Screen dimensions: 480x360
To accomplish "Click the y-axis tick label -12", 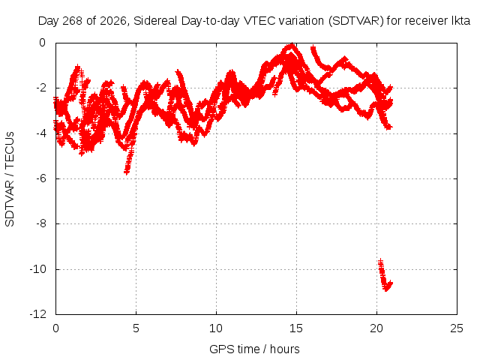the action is (38, 314).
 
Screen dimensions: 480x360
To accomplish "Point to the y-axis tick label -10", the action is (38, 269).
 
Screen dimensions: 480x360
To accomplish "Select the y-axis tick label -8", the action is (41, 223).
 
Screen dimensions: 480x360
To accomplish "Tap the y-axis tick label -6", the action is (41, 178).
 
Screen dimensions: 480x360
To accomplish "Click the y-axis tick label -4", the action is (41, 133).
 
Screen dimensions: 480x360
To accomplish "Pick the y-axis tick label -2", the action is (41, 88).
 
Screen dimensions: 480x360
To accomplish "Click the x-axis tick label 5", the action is (136, 328).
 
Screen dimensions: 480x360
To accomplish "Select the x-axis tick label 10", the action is (216, 328).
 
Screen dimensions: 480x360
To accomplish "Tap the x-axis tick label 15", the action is (296, 328).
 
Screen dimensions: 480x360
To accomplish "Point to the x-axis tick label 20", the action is (376, 328).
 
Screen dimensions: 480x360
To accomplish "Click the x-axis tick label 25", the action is (457, 328).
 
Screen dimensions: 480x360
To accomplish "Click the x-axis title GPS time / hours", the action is (254, 349).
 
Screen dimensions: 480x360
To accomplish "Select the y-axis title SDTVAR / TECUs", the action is (10, 179).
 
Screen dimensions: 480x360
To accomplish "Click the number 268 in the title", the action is (72, 21).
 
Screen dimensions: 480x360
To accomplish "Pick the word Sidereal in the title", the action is (155, 21).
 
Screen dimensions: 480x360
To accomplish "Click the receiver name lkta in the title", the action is (461, 21).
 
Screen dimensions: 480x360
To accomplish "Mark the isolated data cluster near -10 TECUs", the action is (385, 276).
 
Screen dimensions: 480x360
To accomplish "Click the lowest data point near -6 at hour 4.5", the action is (127, 172).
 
